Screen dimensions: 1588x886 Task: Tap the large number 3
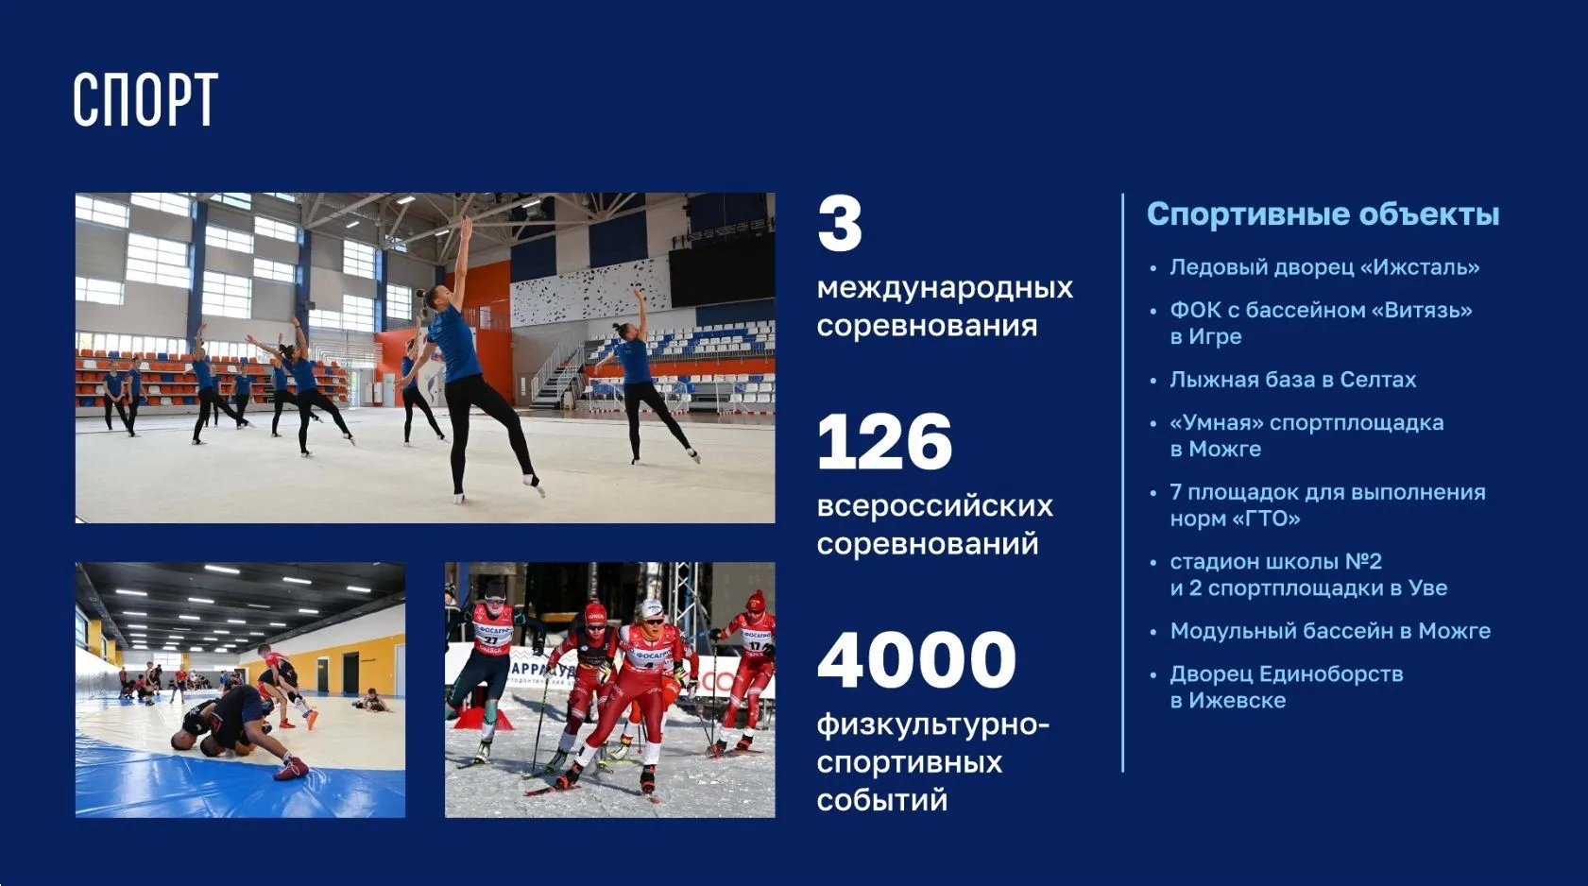pyautogui.click(x=840, y=224)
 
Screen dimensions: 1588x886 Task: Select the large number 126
pyautogui.click(x=885, y=442)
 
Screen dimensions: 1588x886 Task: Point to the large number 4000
pyautogui.click(x=916, y=660)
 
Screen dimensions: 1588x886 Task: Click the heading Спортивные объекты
pyautogui.click(x=1323, y=214)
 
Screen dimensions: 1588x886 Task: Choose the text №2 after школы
pyautogui.click(x=1363, y=561)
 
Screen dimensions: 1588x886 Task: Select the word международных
pyautogui.click(x=945, y=288)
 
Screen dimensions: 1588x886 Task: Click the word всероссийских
pyautogui.click(x=935, y=506)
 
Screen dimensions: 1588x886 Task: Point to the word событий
pyautogui.click(x=882, y=800)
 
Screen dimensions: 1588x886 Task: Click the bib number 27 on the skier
pyautogui.click(x=490, y=640)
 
